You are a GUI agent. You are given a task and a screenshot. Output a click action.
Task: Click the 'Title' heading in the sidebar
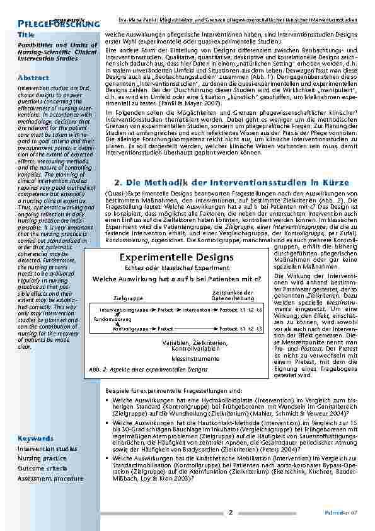pyautogui.click(x=26, y=34)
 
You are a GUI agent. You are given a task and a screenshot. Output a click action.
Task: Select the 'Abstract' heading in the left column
pyautogui.click(x=33, y=77)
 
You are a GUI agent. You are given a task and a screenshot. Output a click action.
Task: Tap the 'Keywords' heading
pyautogui.click(x=35, y=437)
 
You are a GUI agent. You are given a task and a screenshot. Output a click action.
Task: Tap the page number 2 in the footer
pyautogui.click(x=231, y=511)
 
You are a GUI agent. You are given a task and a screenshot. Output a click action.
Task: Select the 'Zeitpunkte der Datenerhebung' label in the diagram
pyautogui.click(x=233, y=295)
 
